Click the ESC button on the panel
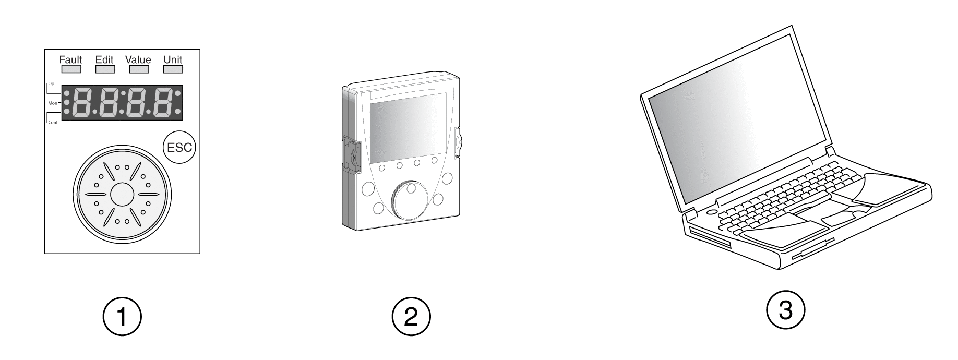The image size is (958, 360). click(178, 148)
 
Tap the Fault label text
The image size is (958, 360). click(71, 59)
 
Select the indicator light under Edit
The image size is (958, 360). click(104, 69)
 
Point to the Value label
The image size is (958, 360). click(138, 59)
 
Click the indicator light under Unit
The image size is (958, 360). click(173, 69)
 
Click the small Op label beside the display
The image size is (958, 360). click(51, 83)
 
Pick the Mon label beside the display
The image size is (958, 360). click(53, 103)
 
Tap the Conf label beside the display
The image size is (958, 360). click(53, 122)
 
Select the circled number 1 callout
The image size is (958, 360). click(122, 316)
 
